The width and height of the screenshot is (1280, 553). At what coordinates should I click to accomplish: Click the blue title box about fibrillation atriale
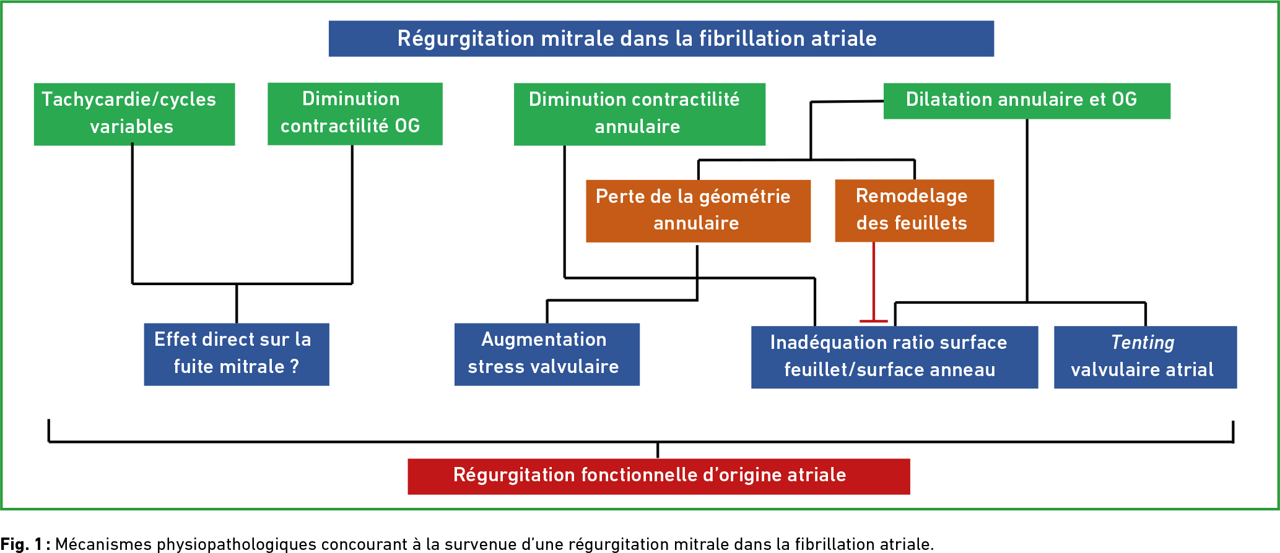(661, 38)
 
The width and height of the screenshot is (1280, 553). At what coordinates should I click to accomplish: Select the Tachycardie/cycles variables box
(134, 114)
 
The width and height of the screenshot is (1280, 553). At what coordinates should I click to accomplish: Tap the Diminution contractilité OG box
(355, 114)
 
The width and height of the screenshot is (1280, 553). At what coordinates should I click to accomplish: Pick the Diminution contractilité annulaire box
(639, 114)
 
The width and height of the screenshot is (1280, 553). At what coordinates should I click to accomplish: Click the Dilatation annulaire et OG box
(1027, 101)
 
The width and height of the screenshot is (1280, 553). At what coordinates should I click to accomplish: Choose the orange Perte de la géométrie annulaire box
(698, 211)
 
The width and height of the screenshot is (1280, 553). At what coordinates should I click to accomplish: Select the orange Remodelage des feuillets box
(914, 210)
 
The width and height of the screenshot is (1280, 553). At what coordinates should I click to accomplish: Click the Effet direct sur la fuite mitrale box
(237, 354)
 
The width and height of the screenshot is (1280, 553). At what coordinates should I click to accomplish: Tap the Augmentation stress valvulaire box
(547, 354)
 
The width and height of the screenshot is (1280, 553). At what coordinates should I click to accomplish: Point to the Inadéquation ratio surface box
(894, 357)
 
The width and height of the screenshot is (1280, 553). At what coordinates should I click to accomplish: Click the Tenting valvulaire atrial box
(1145, 357)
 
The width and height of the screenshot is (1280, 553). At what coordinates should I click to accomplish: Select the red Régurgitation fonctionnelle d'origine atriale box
(658, 476)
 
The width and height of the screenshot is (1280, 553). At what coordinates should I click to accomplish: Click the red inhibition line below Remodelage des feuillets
(874, 281)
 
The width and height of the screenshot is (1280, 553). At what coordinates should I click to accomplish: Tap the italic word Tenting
(1143, 342)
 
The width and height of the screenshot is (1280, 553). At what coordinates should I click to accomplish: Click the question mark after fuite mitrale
(294, 367)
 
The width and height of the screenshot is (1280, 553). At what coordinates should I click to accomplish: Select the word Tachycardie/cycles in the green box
(129, 100)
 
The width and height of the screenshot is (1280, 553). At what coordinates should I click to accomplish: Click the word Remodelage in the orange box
(912, 196)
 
